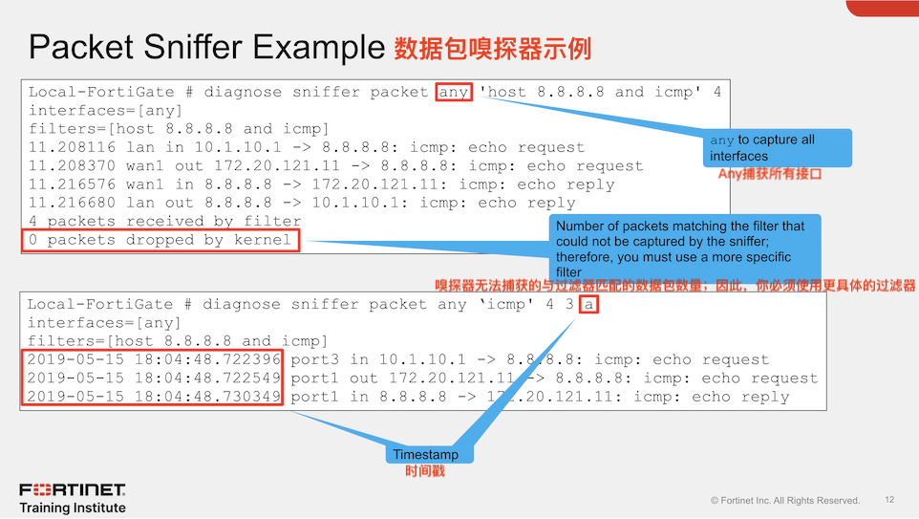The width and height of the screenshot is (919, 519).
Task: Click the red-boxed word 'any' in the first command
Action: click(454, 92)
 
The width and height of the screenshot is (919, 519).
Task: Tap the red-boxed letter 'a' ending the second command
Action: click(588, 304)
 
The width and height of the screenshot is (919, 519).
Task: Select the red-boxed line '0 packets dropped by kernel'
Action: click(160, 241)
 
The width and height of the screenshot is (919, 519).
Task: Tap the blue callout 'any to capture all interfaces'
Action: click(778, 148)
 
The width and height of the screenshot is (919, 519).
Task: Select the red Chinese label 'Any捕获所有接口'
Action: click(770, 174)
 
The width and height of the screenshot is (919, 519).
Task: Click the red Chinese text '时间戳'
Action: click(425, 471)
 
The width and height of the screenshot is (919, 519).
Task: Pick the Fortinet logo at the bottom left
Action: click(72, 489)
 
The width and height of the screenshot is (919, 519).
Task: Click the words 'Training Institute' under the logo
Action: click(73, 508)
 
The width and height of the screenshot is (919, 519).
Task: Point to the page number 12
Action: click(889, 500)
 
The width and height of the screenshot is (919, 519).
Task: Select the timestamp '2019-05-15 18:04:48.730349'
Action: click(154, 397)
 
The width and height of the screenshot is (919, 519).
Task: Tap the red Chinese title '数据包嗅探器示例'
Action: click(492, 50)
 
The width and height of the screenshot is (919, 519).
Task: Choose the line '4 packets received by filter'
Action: click(164, 222)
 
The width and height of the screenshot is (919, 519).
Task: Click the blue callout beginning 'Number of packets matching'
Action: click(685, 249)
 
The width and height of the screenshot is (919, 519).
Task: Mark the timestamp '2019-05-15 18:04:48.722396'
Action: click(154, 359)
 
